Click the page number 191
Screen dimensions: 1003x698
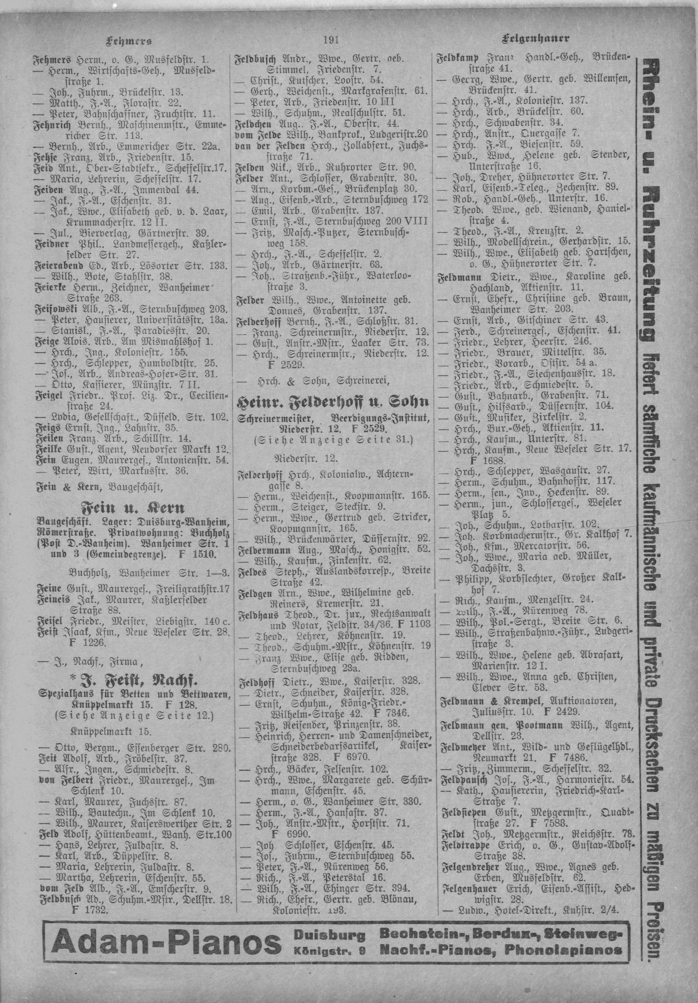point(332,40)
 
